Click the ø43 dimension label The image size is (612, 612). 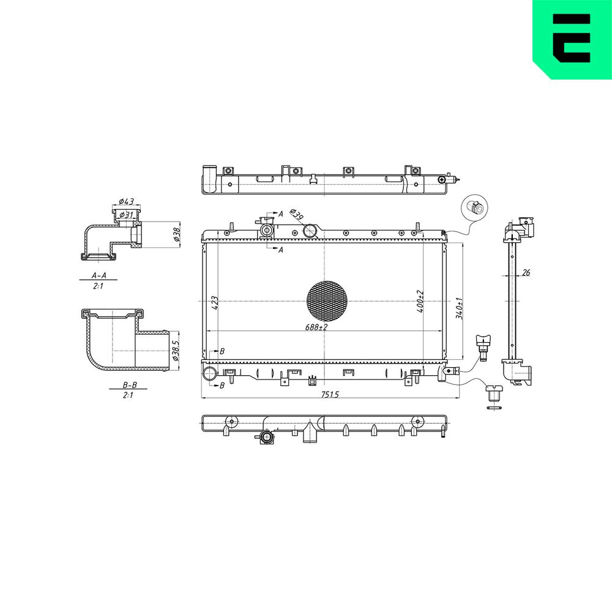point(126,201)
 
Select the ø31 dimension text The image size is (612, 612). point(127,215)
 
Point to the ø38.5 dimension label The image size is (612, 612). point(175,350)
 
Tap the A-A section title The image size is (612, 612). point(99,275)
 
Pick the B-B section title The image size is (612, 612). point(130,385)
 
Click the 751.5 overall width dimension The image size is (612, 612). point(330,395)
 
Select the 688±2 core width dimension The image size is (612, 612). point(316,327)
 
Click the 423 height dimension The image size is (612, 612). point(215,303)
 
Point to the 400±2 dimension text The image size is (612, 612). point(420,301)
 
